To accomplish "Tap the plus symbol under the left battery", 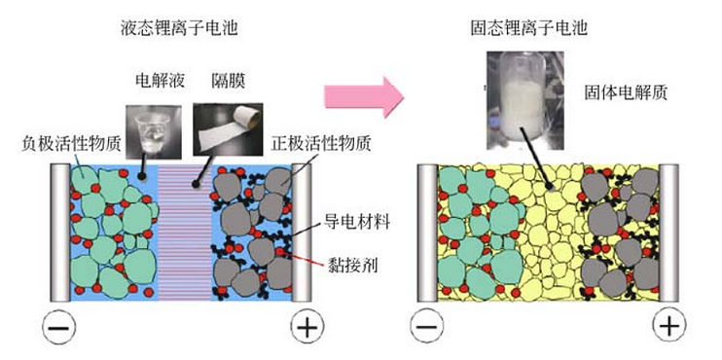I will (307, 328).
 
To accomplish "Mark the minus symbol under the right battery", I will (425, 328).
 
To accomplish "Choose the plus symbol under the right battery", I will (669, 328).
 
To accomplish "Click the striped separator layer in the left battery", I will (185, 234).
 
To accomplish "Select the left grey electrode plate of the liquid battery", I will (59, 234).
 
